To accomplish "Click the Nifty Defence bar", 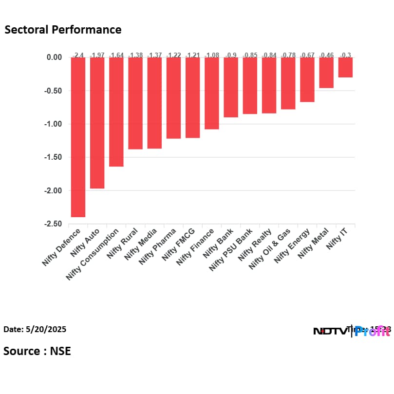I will [x=78, y=137].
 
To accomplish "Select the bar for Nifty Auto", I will [x=97, y=123].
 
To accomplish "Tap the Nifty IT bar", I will [x=345, y=67].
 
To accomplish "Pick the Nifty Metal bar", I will [x=326, y=73].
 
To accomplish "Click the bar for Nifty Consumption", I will [x=116, y=112].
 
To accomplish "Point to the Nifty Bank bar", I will [x=231, y=87].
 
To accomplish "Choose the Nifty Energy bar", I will [x=307, y=79].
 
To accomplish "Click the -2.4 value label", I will [x=78, y=55].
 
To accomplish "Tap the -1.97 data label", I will [x=97, y=55].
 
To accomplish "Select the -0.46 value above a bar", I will [x=326, y=55].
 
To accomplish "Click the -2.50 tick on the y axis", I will [x=52, y=224].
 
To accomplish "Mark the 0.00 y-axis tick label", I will [x=54, y=57].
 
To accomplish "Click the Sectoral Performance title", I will [x=63, y=30].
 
